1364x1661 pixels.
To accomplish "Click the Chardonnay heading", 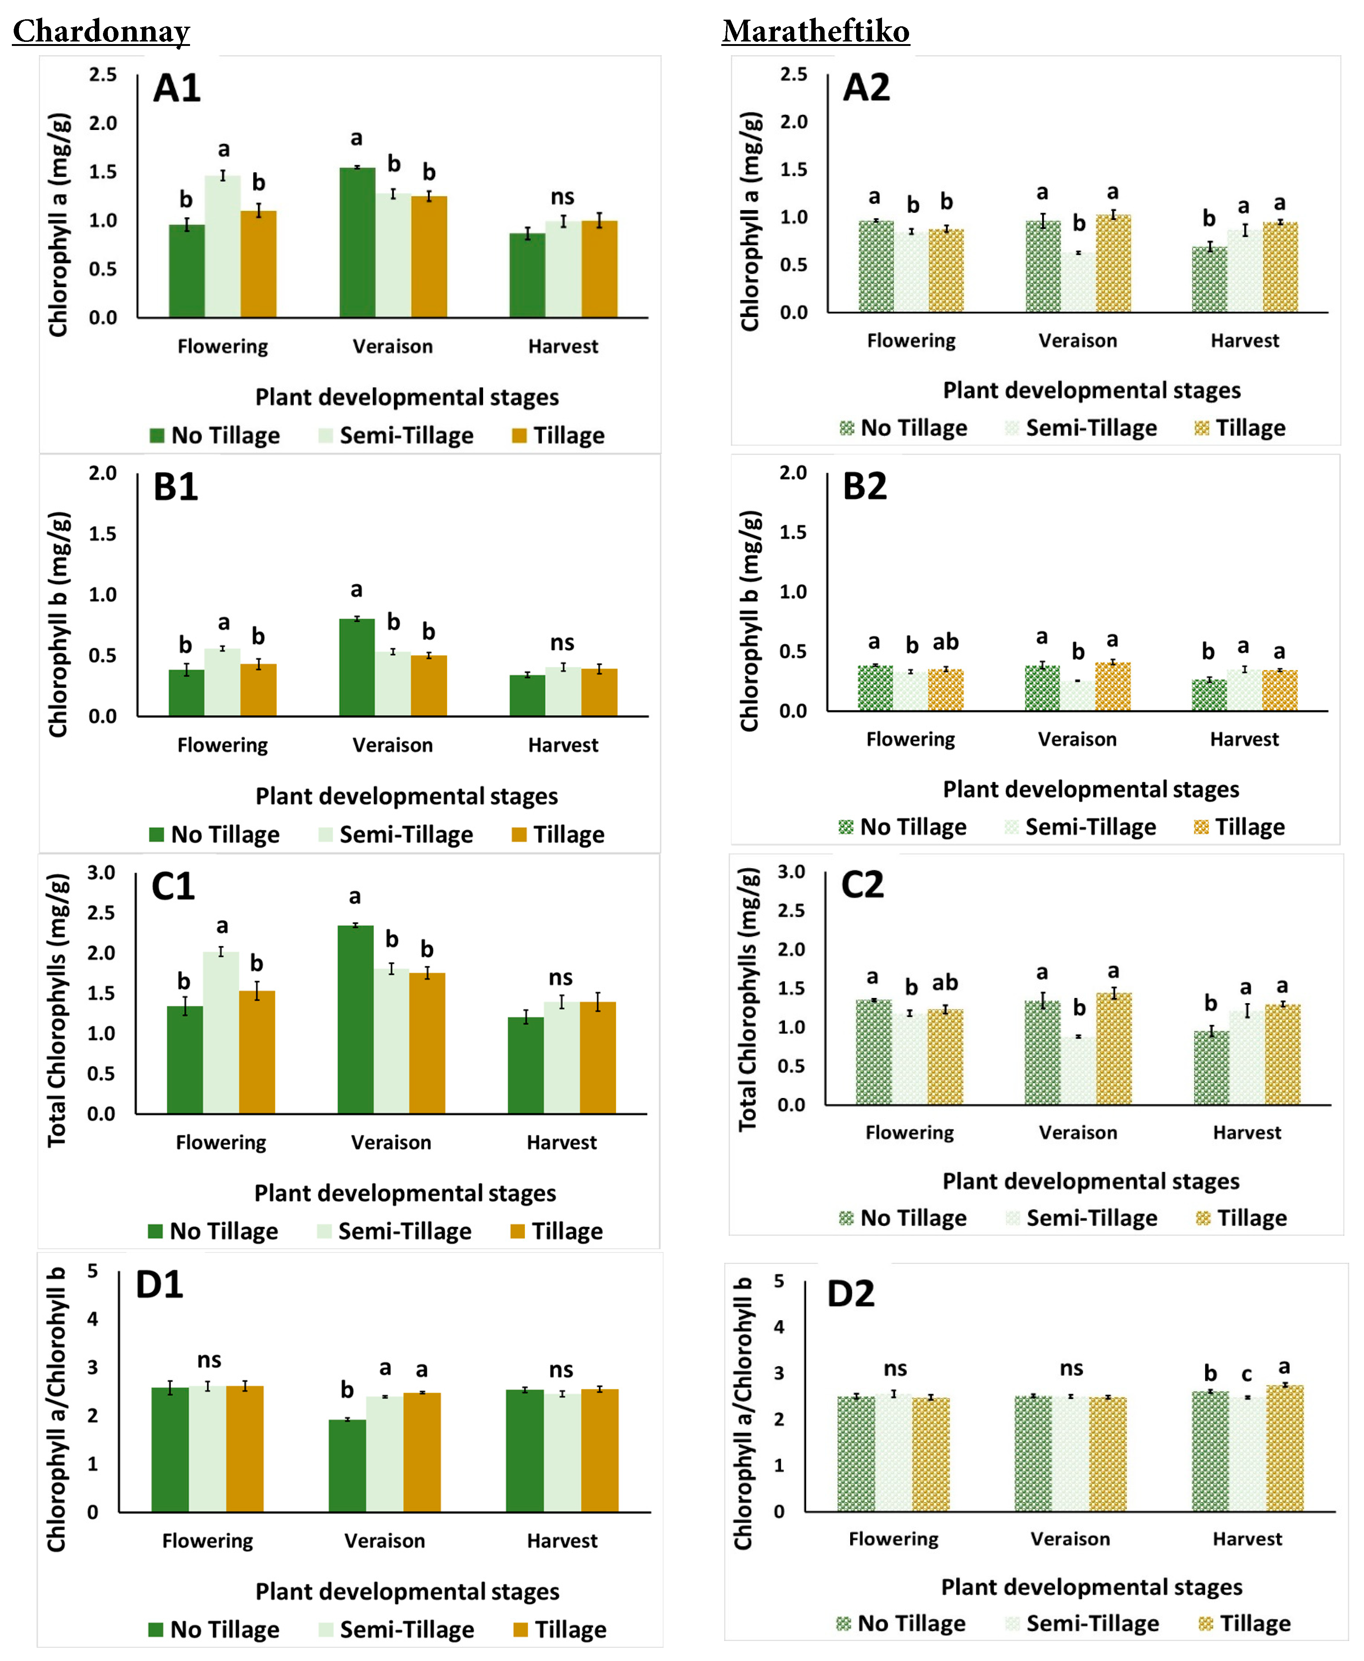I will pyautogui.click(x=102, y=31).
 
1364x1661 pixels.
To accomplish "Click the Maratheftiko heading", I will pyautogui.click(x=816, y=31).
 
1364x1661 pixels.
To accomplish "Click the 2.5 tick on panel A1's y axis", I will pyautogui.click(x=102, y=75).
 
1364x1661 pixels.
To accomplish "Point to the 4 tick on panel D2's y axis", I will pyautogui.click(x=779, y=1327).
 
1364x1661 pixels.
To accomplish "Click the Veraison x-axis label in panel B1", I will pyautogui.click(x=392, y=745).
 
